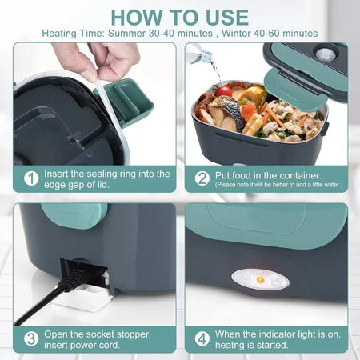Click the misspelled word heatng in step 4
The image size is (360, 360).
tap(233, 345)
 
